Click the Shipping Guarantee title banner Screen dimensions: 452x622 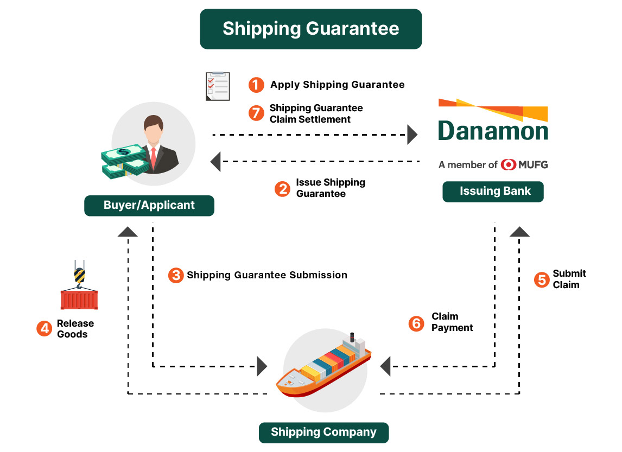tap(310, 29)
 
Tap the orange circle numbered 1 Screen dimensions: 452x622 tap(256, 85)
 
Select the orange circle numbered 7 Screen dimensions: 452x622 tap(256, 113)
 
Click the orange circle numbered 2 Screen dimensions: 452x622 tap(282, 188)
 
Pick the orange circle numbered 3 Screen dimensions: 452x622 tap(175, 275)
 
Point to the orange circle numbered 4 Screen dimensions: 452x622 tap(44, 328)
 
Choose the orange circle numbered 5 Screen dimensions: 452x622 tap(541, 279)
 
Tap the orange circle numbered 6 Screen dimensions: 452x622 tap(416, 323)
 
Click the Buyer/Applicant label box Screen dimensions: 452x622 tap(149, 206)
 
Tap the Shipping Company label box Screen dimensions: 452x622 tap(323, 432)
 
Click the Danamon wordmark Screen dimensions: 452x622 tap(493, 131)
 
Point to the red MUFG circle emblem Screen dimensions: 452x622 tap(509, 164)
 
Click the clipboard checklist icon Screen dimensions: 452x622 tap(218, 86)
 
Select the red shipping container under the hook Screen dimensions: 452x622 tap(79, 300)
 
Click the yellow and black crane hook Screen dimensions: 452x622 tap(79, 274)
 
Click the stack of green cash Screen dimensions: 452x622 tap(123, 161)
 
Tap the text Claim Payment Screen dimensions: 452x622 tap(452, 322)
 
